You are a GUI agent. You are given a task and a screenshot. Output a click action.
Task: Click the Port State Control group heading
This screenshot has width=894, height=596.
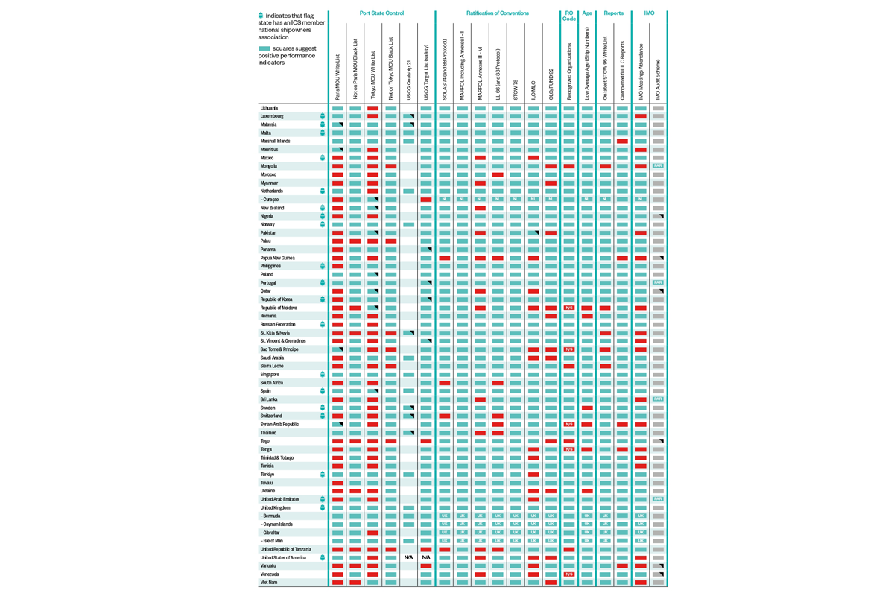381,13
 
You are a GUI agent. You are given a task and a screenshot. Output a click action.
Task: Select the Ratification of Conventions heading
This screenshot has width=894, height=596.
498,13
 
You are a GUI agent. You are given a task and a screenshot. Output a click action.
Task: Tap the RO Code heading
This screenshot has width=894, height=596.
569,16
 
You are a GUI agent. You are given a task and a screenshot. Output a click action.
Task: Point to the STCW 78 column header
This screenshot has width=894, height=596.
516,89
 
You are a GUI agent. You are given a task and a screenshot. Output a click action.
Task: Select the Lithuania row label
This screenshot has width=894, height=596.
270,108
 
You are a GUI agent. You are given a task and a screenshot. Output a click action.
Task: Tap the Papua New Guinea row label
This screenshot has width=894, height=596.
278,258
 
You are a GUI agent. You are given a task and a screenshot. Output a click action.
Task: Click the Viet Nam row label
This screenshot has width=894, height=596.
269,583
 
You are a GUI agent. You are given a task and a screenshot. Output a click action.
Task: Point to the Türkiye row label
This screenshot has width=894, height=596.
267,475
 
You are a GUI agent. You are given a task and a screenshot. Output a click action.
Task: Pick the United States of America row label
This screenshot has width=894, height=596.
283,557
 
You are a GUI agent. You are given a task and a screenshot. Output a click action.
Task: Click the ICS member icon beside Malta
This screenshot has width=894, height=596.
323,133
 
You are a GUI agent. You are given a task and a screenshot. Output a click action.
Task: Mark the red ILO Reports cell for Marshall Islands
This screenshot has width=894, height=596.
622,142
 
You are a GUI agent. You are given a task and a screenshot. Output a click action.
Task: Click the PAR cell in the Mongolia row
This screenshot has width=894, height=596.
658,166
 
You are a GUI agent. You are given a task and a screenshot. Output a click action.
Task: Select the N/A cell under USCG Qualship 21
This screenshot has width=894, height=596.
408,557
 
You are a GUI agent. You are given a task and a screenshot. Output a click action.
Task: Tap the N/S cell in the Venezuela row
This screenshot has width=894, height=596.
569,574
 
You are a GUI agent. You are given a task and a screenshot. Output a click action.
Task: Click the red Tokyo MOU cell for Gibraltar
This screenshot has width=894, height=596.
372,533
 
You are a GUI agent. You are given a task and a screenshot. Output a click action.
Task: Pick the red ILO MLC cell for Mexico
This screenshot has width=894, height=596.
533,158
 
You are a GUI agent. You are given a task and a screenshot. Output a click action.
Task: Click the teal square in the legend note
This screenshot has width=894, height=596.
264,48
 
